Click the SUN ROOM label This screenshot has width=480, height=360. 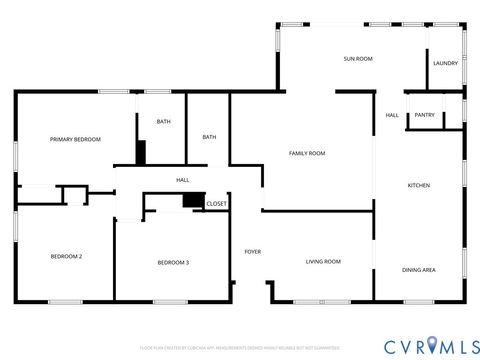358,59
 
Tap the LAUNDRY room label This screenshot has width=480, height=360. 446,63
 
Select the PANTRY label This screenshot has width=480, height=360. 425,114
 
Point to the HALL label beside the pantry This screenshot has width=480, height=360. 392,114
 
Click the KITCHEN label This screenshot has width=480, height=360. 418,185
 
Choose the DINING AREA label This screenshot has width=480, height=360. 418,270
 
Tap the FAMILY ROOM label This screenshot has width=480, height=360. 307,153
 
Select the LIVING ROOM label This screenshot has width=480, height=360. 323,261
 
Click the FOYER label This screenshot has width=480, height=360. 252,251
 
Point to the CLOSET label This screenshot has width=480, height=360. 216,203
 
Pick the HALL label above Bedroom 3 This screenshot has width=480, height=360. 183,180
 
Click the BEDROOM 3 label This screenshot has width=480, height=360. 173,262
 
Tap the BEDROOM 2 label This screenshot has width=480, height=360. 66,256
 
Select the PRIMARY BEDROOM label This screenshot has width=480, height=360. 76,139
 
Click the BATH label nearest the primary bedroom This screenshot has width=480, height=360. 163,122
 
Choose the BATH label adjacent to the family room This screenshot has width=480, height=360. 209,137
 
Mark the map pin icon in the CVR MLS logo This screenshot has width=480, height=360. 433,345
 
